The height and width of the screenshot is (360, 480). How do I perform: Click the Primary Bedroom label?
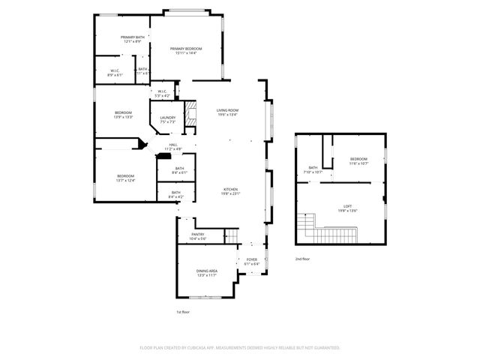tap(187, 51)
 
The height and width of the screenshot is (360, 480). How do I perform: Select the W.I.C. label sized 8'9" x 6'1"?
tap(115, 73)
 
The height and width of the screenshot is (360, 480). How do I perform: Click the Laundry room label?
tap(168, 119)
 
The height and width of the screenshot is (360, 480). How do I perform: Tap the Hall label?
tap(173, 146)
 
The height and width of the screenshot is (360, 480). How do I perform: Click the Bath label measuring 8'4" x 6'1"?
tap(178, 170)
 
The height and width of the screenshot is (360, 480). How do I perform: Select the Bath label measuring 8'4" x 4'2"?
tap(175, 194)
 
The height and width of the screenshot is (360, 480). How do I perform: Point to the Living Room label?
tap(227, 112)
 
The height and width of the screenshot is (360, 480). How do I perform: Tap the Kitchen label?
tap(230, 191)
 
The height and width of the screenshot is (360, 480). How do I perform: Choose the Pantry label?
tap(197, 236)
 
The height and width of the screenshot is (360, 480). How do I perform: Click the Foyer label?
tap(252, 262)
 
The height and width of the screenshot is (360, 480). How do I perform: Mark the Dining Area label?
tap(206, 272)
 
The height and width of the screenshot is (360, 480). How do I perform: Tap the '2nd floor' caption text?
tap(302, 258)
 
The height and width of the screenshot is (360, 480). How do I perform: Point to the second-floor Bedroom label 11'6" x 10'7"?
tap(358, 160)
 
